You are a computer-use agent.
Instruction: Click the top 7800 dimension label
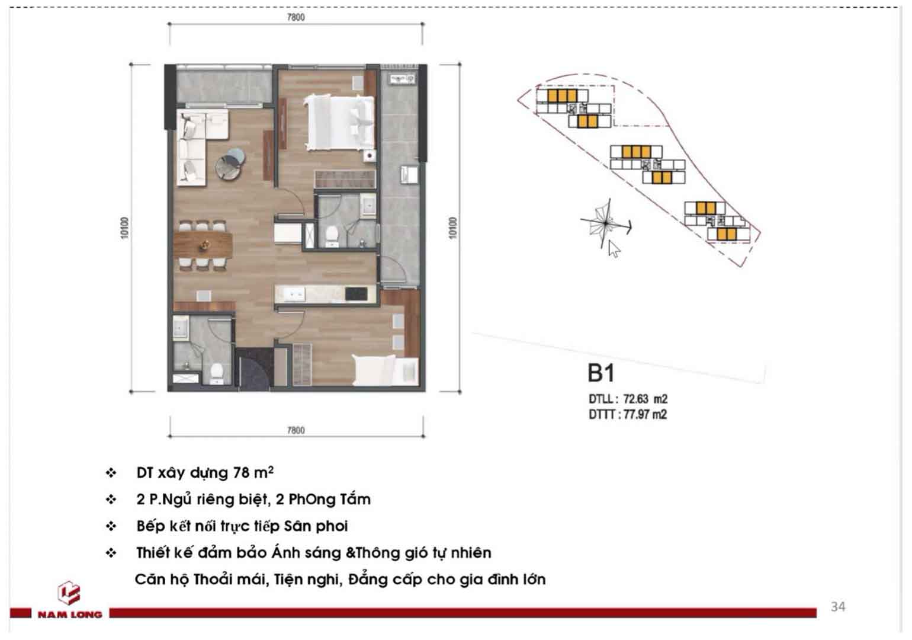[x=296, y=17]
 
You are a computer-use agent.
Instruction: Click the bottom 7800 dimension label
[x=296, y=430]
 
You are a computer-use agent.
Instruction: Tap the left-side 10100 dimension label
[x=125, y=228]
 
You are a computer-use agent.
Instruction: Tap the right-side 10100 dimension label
[x=452, y=228]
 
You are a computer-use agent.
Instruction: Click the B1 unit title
[x=601, y=373]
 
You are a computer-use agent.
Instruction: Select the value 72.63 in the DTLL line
[x=637, y=399]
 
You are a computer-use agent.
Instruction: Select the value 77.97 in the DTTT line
[x=637, y=415]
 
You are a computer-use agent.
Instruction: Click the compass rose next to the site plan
[x=606, y=223]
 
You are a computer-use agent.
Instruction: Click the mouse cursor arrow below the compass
[x=614, y=249]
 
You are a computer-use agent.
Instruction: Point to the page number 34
[x=838, y=607]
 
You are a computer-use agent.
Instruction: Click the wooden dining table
[x=203, y=245]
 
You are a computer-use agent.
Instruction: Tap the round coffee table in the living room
[x=230, y=164]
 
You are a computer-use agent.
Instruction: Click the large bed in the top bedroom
[x=339, y=122]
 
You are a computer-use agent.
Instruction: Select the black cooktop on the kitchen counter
[x=356, y=294]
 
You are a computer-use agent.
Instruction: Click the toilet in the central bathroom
[x=332, y=236]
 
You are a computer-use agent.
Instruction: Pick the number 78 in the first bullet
[x=241, y=472]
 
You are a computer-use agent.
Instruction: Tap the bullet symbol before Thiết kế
[x=111, y=553]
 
